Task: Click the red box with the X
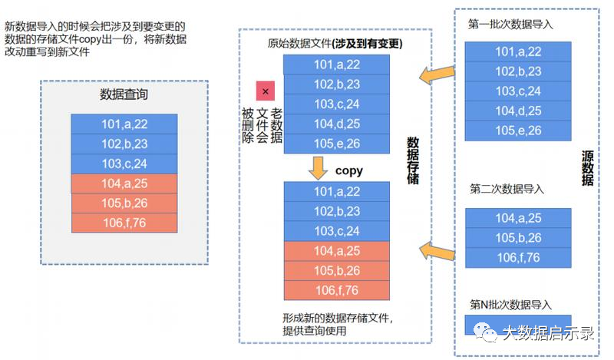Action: point(266,91)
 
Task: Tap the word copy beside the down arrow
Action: point(349,170)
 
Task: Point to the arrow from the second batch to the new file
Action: point(434,247)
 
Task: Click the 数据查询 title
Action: point(124,95)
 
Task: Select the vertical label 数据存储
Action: point(413,161)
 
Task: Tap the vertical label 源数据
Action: point(588,168)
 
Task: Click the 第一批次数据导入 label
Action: point(510,25)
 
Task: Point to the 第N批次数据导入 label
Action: point(510,305)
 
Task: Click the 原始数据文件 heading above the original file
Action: point(335,43)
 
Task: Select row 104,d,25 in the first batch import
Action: point(518,111)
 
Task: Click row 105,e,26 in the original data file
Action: point(337,144)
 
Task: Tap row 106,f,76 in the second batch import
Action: point(518,257)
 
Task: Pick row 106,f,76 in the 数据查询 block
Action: point(124,223)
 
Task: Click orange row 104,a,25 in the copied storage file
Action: point(337,250)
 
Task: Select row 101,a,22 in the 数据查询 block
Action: point(124,123)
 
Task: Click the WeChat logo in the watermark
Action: point(485,332)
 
